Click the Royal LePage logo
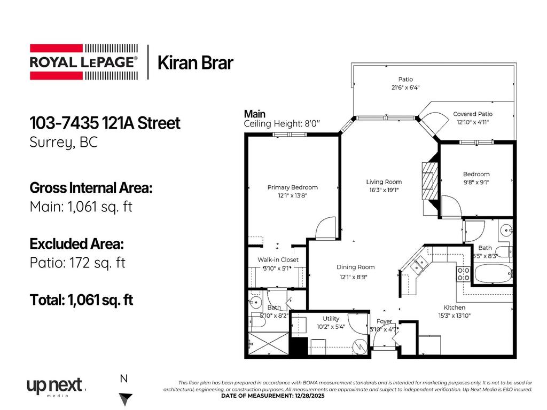click(83, 61)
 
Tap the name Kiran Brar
click(195, 63)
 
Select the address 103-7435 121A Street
click(105, 123)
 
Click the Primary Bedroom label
click(292, 187)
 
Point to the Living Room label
click(384, 182)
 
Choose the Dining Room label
click(355, 267)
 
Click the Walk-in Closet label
click(278, 260)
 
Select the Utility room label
click(331, 319)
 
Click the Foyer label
click(384, 321)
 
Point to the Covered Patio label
click(472, 114)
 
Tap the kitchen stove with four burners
click(463, 274)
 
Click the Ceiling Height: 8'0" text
click(282, 123)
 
